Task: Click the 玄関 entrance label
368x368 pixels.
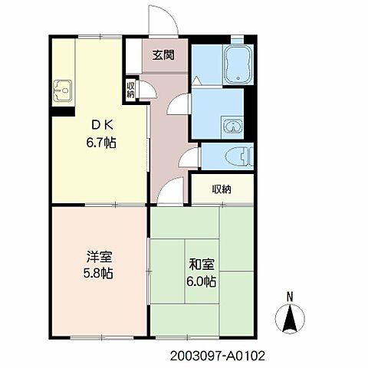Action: (x=163, y=55)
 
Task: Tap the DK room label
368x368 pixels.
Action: (x=102, y=125)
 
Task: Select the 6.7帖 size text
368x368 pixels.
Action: (x=101, y=143)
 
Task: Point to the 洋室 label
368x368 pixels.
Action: (x=100, y=257)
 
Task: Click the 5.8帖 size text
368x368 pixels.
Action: (x=98, y=273)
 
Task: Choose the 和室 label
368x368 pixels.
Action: (x=202, y=264)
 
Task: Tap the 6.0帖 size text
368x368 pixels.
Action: (x=201, y=281)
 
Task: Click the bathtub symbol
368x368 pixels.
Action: (x=238, y=64)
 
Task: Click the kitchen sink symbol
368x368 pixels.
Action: (x=63, y=90)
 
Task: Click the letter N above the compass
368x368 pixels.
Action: (x=290, y=297)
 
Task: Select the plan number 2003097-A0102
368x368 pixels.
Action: (x=218, y=356)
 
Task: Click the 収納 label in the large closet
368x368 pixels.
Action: (x=222, y=189)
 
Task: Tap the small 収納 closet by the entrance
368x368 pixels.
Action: (x=130, y=90)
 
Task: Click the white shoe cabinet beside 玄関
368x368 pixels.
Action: (x=134, y=56)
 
